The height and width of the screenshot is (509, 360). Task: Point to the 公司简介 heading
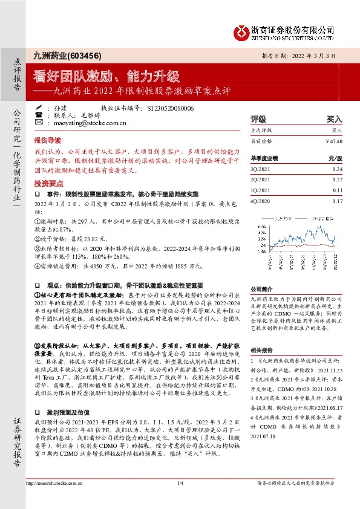coord(261,289)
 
